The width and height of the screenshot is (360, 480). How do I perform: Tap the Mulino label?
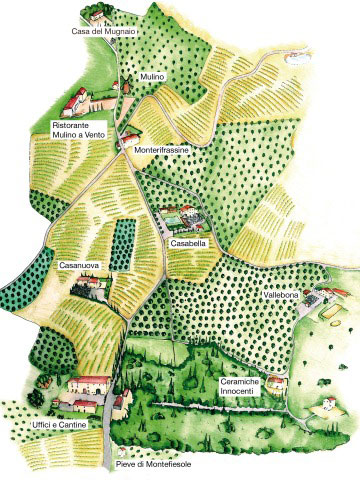point(151,75)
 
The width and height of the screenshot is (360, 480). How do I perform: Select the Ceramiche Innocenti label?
point(244,387)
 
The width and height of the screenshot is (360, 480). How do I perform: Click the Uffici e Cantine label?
point(59,427)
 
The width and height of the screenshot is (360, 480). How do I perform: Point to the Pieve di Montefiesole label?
point(152,466)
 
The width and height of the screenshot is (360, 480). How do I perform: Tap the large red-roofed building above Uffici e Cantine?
point(89,384)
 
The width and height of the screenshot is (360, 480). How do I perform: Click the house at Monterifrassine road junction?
point(131,138)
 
